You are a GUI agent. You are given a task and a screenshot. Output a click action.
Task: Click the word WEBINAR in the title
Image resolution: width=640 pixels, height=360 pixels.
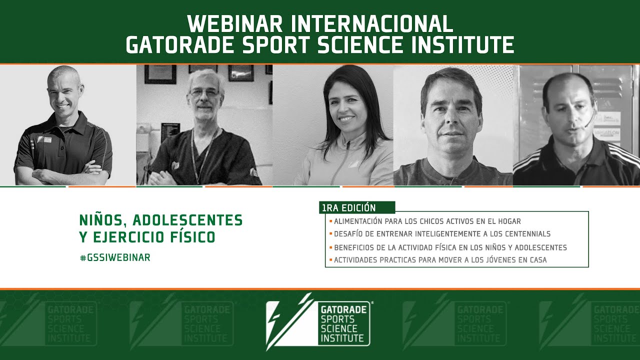click(235, 23)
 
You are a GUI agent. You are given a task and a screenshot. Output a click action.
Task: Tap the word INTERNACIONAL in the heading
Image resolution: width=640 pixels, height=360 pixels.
click(372, 23)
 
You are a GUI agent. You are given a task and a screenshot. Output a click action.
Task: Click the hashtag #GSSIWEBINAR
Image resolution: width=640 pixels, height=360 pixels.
click(115, 257)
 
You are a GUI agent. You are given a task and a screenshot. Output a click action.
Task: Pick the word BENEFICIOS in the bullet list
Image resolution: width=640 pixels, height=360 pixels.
click(354, 247)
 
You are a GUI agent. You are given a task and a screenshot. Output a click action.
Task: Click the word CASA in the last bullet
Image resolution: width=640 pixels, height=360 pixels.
click(537, 260)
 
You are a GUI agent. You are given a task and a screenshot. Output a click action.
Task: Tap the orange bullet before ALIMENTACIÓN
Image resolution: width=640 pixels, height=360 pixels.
click(330, 221)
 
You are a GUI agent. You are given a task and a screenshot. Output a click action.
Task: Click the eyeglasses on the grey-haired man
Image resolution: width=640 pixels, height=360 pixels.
click(204, 93)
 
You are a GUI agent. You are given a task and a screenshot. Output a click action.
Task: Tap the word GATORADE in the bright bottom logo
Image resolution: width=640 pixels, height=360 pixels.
click(343, 310)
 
